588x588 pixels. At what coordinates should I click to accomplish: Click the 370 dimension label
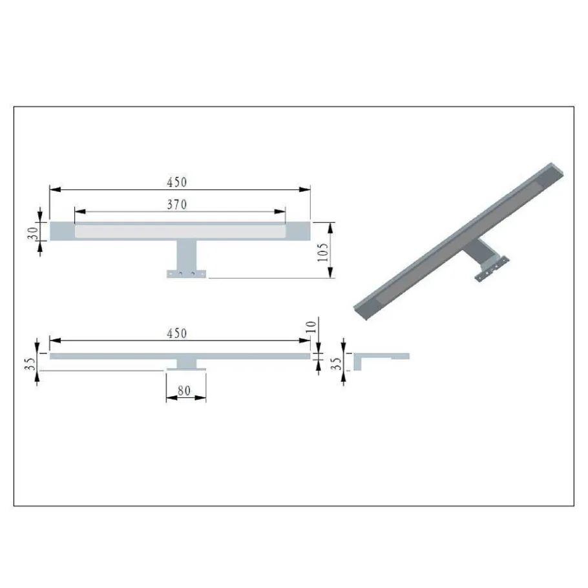pyautogui.click(x=176, y=204)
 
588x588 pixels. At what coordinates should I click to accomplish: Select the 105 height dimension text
pyautogui.click(x=322, y=252)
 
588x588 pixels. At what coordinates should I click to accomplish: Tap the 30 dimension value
pyautogui.click(x=33, y=233)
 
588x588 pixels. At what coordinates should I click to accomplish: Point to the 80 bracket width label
pyautogui.click(x=184, y=391)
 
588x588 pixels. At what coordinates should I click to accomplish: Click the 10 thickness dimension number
pyautogui.click(x=311, y=326)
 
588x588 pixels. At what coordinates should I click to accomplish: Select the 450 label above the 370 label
pyautogui.click(x=176, y=182)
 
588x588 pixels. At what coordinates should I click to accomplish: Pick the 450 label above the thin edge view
pyautogui.click(x=176, y=333)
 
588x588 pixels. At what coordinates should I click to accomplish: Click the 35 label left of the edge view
pyautogui.click(x=30, y=363)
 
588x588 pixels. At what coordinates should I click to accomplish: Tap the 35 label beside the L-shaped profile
pyautogui.click(x=337, y=363)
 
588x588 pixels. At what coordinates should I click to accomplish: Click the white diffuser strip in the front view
pyautogui.click(x=180, y=231)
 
